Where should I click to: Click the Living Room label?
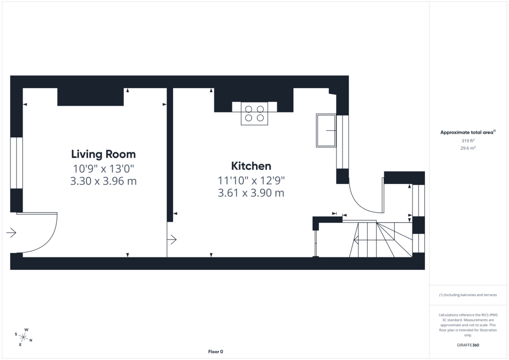coord(103,154)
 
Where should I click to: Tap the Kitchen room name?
coord(251,166)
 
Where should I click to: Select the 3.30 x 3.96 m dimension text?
coord(103,181)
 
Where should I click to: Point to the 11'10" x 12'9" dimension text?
coord(251,180)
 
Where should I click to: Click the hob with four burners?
coord(254,113)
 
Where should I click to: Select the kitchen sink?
coord(326,130)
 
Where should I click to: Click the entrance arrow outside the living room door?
coord(11,232)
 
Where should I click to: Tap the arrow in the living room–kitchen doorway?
coord(171,240)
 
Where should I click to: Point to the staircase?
coord(380,240)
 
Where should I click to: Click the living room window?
coord(16,163)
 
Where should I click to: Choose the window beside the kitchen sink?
coord(342,142)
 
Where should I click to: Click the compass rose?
coord(23,337)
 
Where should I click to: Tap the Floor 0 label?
coord(216,352)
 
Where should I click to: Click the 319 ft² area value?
coord(468,141)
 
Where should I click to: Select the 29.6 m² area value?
coord(468,148)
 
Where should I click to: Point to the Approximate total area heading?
coord(468,132)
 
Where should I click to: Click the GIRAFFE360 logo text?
coord(468,345)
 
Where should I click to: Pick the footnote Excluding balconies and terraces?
coord(468,295)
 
